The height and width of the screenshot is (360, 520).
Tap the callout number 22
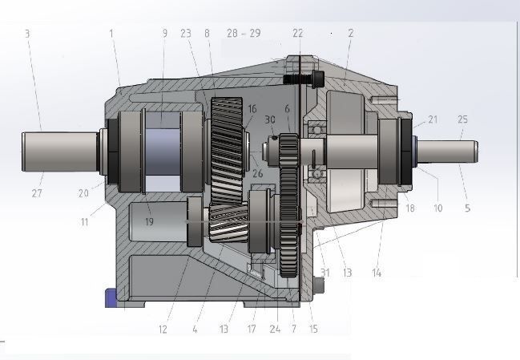pos(297,34)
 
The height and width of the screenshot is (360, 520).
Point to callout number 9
pos(164,34)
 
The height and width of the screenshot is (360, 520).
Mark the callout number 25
pos(462,119)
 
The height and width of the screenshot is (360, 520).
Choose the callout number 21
pos(433,119)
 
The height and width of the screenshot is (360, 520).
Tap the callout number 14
pos(377,273)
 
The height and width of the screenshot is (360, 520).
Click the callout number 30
pos(270,119)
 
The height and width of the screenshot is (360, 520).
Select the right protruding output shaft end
pos(457,152)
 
